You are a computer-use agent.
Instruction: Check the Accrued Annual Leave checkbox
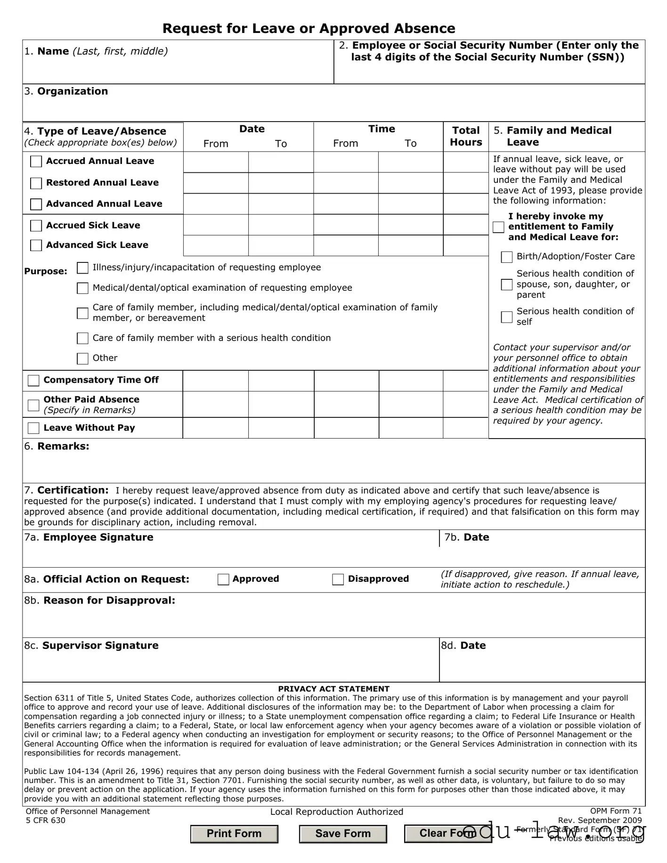click(x=36, y=162)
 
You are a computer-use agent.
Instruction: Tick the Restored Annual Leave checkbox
click(x=36, y=183)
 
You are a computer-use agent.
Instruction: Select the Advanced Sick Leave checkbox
click(x=36, y=245)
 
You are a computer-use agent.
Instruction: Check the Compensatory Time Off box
click(x=33, y=381)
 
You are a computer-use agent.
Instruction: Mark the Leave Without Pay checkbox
click(x=33, y=428)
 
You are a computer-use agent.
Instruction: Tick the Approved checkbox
click(x=223, y=579)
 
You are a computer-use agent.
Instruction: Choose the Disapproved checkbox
click(x=338, y=579)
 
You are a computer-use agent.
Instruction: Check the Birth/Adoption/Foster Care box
click(x=506, y=257)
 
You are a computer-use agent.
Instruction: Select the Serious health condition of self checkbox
click(x=506, y=317)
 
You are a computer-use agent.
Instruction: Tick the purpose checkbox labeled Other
click(x=82, y=358)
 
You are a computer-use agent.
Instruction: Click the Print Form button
click(x=234, y=834)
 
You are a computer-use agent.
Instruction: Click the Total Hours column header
click(x=466, y=137)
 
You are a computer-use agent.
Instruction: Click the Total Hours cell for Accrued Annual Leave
click(x=466, y=162)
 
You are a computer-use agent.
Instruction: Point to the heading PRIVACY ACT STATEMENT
click(x=333, y=689)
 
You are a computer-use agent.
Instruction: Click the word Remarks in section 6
click(x=63, y=447)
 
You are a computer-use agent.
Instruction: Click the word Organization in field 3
click(x=73, y=91)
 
